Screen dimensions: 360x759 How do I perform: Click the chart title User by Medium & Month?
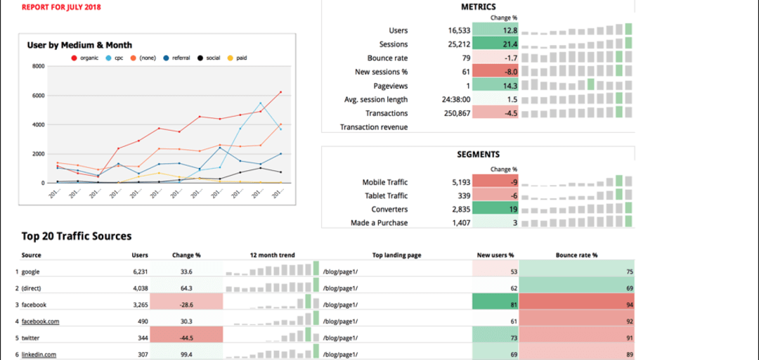coord(79,45)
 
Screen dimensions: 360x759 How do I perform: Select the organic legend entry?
coord(85,58)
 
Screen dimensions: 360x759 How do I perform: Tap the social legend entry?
coord(209,58)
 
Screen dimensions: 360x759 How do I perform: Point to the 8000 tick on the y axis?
coord(39,66)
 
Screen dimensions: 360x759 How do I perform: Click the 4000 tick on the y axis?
coord(39,124)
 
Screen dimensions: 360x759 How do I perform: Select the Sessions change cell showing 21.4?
coord(496,44)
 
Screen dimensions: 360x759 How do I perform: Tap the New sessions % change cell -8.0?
coord(496,72)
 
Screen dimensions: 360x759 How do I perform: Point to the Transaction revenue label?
coord(374,127)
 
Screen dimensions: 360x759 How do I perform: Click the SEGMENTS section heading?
coord(478,154)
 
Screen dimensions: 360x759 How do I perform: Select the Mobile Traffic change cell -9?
coord(496,182)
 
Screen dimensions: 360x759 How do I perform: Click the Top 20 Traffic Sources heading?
coord(77,236)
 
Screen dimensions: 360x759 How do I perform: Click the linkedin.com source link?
coord(39,354)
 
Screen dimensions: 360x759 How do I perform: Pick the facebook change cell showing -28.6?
coord(186,304)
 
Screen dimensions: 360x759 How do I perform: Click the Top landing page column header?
coord(396,255)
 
